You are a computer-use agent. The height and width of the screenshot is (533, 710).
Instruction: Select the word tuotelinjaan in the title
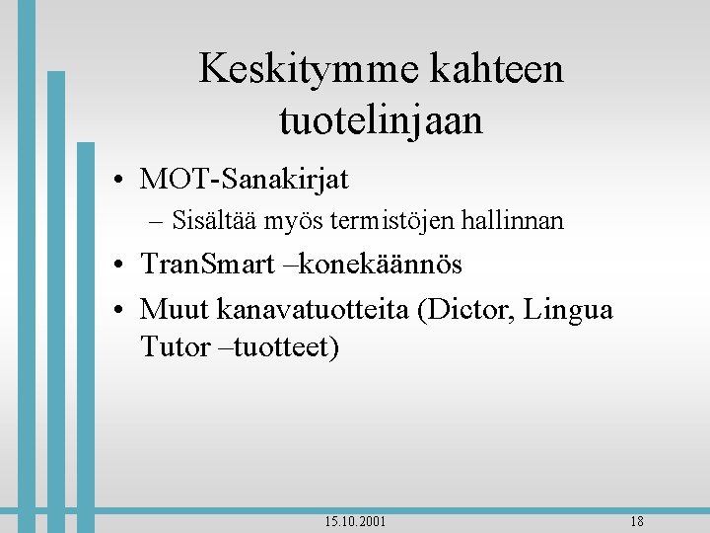coord(381,121)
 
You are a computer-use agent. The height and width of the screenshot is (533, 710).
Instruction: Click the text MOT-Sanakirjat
coord(245,179)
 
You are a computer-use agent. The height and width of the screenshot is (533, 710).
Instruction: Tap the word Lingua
coord(569,310)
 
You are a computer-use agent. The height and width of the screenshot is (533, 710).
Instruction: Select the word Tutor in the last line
coord(175,346)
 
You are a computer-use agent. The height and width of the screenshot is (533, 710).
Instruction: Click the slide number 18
coord(636,521)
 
